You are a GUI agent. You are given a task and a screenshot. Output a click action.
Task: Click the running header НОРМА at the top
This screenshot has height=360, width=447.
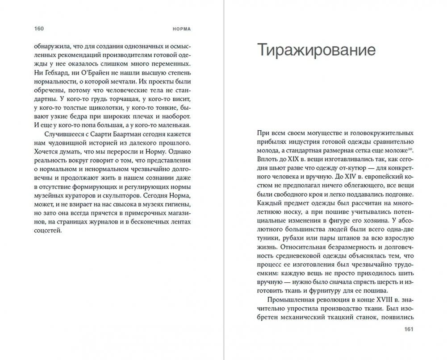[182, 29]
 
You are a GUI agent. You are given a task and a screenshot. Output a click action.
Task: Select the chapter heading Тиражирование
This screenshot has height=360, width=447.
[316, 50]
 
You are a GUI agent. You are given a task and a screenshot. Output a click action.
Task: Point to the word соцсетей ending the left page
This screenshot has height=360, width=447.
[47, 231]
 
